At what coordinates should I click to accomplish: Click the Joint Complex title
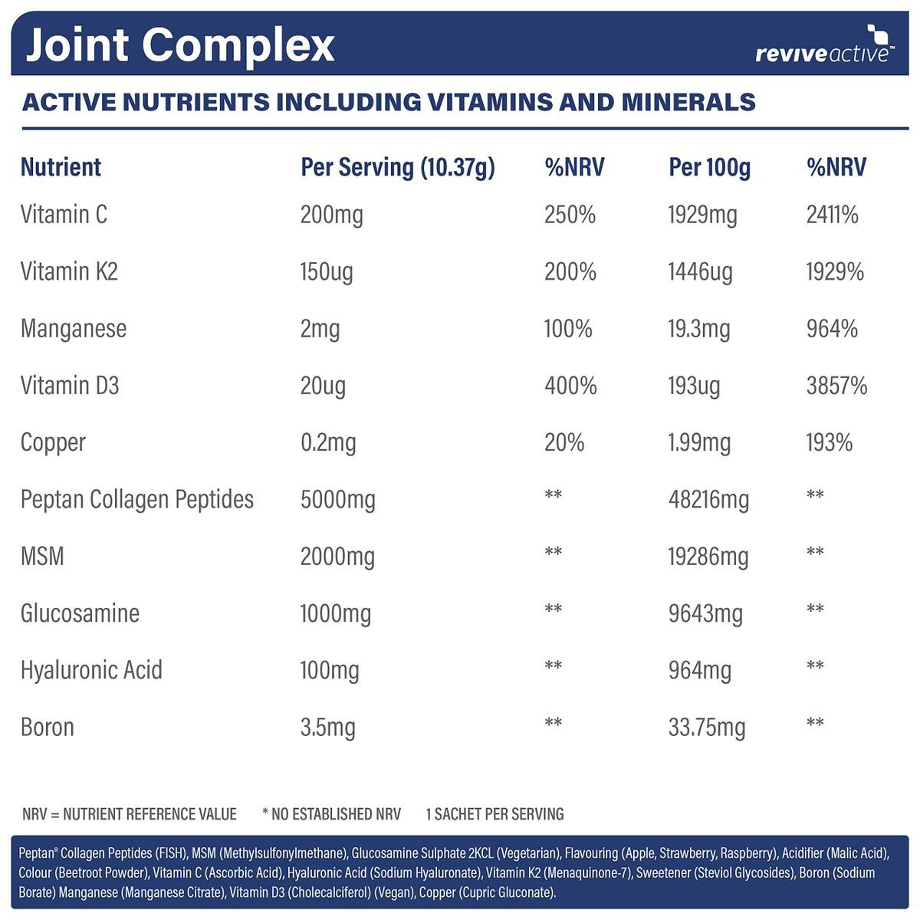tap(180, 44)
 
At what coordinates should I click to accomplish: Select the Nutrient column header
tap(61, 167)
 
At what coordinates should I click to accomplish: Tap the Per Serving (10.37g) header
tap(397, 167)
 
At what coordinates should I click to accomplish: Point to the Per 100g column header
tap(709, 167)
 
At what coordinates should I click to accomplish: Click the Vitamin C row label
tap(64, 215)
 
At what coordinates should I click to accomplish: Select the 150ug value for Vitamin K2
tap(327, 271)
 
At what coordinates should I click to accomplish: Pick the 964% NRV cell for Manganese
tap(832, 329)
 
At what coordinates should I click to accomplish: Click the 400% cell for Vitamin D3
tap(570, 386)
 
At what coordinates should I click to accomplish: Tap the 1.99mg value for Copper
tap(699, 442)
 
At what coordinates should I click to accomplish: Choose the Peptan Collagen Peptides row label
tap(136, 499)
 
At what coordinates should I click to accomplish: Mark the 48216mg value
tap(708, 500)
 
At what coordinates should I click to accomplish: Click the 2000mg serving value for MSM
tap(337, 557)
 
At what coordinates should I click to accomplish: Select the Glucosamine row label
tap(80, 613)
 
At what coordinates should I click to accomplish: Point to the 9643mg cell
tap(705, 613)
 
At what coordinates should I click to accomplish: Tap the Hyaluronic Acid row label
tap(91, 670)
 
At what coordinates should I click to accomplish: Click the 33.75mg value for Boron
tap(707, 727)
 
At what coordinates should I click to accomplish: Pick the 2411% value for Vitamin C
tap(832, 215)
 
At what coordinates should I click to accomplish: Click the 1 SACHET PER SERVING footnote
tap(495, 814)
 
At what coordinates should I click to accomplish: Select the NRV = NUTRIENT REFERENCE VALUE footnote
tap(130, 814)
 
